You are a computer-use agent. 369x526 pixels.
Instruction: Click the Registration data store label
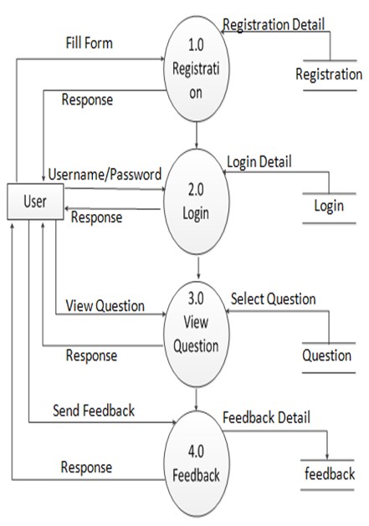point(329,75)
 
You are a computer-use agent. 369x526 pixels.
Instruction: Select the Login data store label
point(329,205)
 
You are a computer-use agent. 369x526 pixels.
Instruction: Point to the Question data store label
point(327,355)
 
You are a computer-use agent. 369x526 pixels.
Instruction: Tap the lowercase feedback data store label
point(329,474)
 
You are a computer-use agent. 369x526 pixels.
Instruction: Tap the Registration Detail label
point(273,25)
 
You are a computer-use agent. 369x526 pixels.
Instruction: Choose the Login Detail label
point(259,161)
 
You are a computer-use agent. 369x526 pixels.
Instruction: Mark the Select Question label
point(273,299)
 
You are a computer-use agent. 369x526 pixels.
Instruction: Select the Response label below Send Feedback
point(87,467)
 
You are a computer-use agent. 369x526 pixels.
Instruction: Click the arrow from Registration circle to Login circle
point(196,134)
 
